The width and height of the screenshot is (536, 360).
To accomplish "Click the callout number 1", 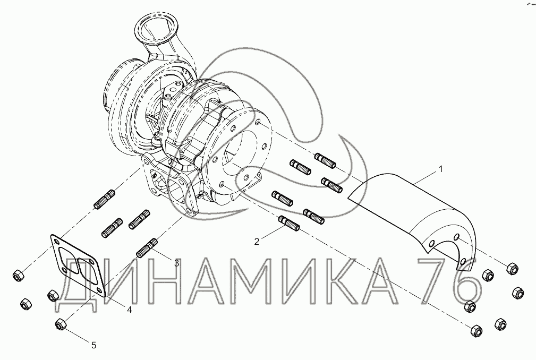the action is (x=441, y=169).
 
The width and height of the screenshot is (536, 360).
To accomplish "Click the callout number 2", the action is (x=257, y=242).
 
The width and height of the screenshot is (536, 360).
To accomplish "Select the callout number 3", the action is (x=176, y=263).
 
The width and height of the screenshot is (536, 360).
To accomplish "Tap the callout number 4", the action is (x=129, y=310).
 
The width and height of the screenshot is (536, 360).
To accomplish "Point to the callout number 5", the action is (x=93, y=345).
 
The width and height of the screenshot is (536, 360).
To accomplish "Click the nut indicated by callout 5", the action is (x=61, y=324).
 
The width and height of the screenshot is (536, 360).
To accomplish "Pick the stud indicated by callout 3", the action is (x=147, y=248).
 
